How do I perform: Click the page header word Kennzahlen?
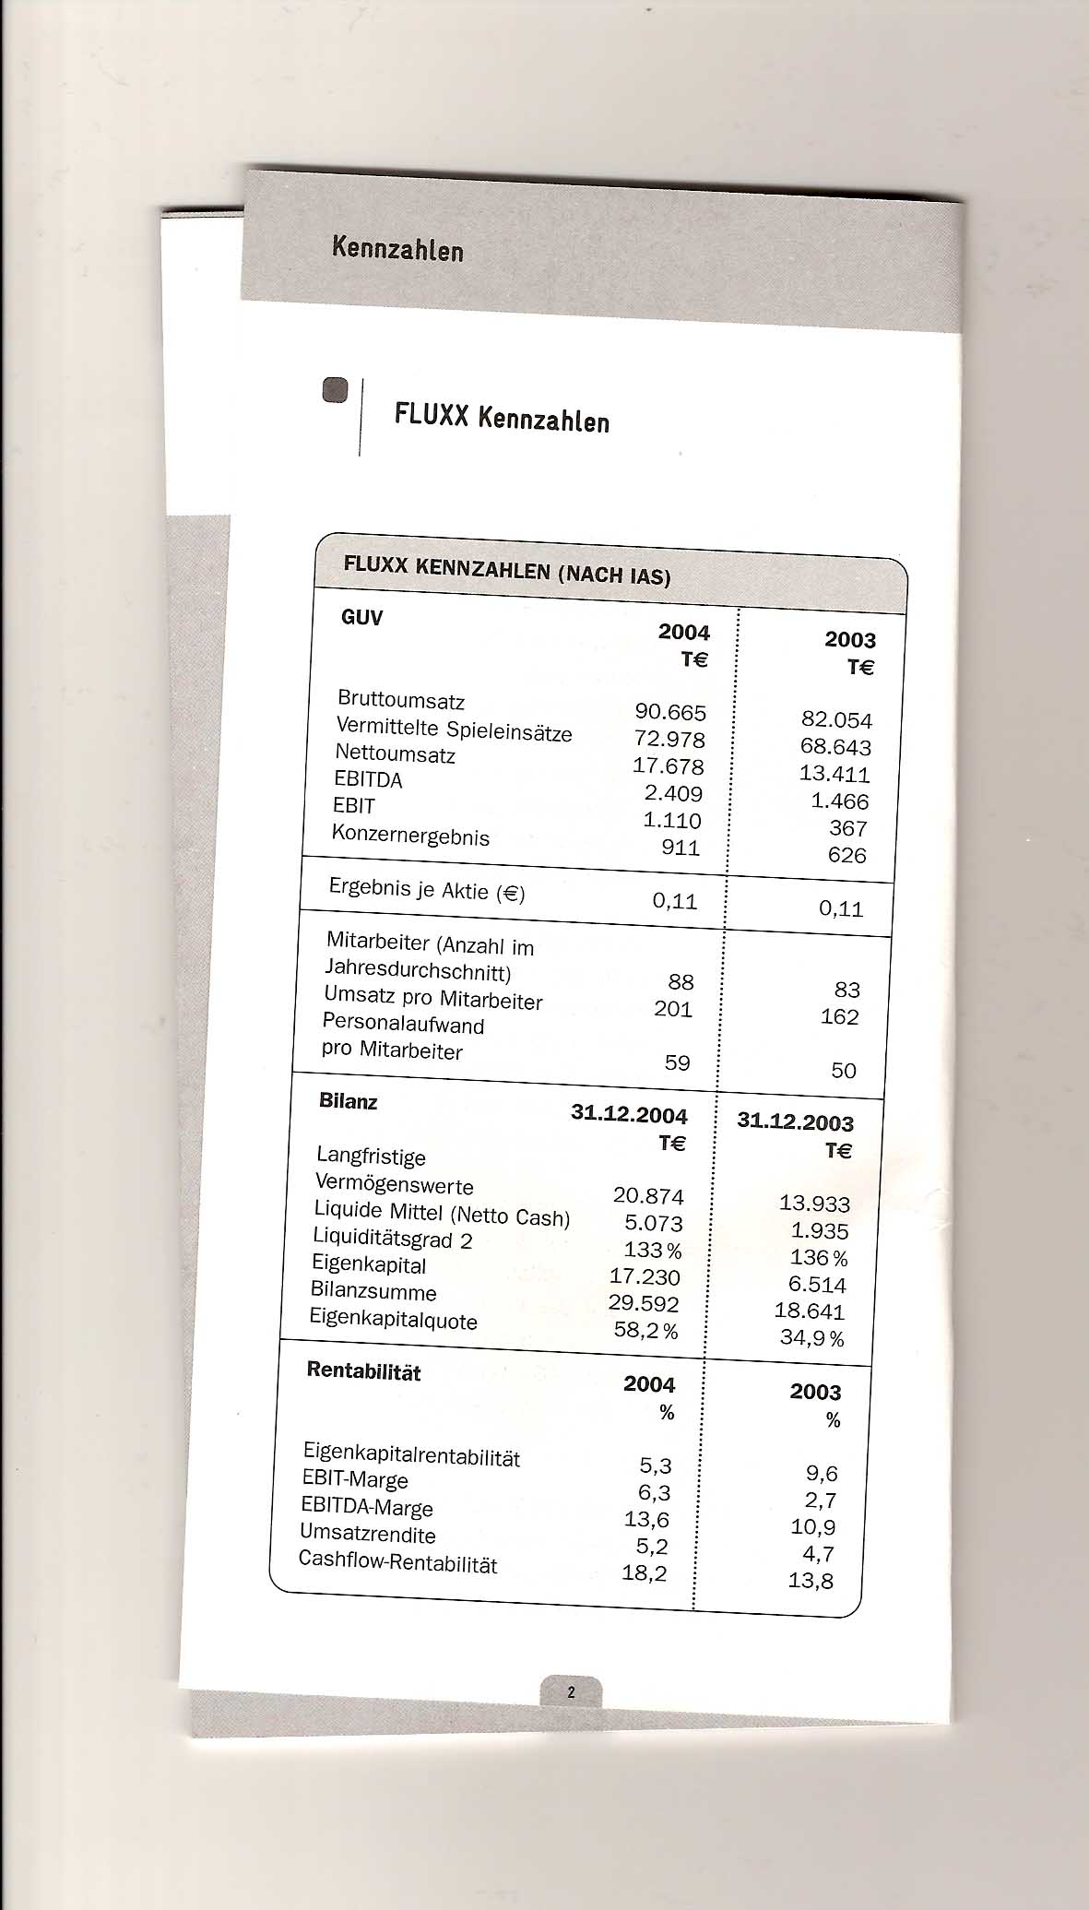(397, 248)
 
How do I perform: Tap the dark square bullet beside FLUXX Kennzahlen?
(335, 390)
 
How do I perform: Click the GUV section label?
(361, 617)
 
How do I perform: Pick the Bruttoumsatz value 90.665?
(670, 712)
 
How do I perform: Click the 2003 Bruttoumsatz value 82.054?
(836, 719)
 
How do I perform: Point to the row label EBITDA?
(368, 779)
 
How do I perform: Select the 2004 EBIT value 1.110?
(672, 820)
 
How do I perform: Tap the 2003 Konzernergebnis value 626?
(846, 855)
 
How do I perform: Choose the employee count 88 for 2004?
(681, 982)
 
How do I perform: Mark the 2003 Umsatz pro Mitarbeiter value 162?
(839, 1016)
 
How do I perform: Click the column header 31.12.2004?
(629, 1114)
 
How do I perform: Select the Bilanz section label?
(348, 1100)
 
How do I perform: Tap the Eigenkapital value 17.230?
(645, 1276)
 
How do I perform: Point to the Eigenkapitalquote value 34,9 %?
(811, 1337)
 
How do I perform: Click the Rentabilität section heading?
(363, 1371)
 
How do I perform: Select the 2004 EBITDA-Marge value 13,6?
(646, 1519)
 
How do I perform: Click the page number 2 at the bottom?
(571, 1692)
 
